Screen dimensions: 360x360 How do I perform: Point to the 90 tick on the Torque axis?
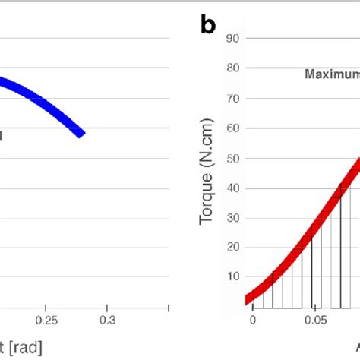[x=234, y=38]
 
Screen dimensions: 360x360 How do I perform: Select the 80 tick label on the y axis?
[x=234, y=68]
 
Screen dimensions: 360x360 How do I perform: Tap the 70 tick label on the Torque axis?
[x=234, y=98]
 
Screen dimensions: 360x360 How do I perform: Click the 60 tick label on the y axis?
[x=234, y=128]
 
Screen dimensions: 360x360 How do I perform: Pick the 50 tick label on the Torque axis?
[x=234, y=157]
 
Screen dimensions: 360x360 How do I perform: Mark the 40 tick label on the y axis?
[x=234, y=188]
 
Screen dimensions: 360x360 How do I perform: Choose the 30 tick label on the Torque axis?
[x=234, y=217]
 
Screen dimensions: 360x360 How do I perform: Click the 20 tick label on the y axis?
[x=234, y=247]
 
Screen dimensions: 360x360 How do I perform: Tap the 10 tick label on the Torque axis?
[x=234, y=277]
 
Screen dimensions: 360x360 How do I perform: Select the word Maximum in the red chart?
[x=332, y=74]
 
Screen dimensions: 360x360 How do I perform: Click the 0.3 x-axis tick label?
[x=108, y=319]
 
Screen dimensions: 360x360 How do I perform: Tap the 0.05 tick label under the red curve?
[x=313, y=321]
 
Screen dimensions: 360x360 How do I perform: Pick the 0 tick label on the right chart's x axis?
[x=253, y=321]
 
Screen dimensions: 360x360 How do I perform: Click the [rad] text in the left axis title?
[x=25, y=348]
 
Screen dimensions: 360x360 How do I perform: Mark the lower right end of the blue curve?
[x=81, y=134]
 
